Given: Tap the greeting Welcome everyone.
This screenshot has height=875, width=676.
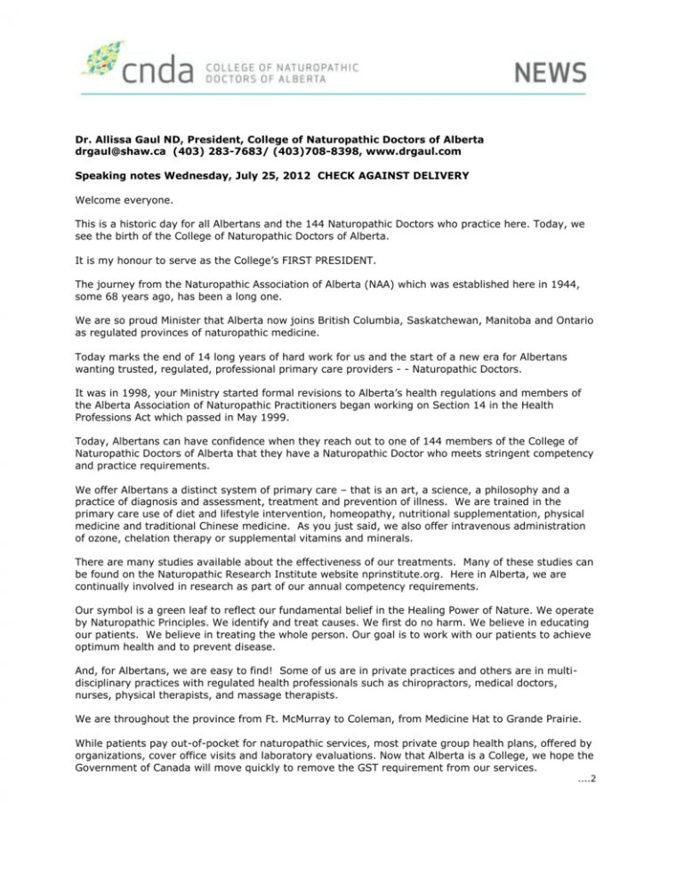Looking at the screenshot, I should point(118,202).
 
